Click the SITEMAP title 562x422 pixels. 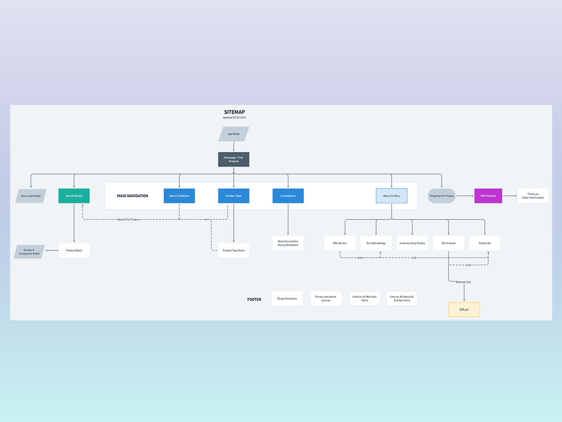coord(234,112)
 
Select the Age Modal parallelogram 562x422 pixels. coord(234,134)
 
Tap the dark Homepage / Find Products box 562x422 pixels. coord(234,159)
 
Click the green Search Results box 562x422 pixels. coord(74,196)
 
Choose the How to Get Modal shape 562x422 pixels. coord(31,196)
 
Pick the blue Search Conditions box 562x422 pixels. coord(179,196)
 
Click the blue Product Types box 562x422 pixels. coord(234,196)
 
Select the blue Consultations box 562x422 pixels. coord(288,196)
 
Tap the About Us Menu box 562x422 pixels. coord(392,196)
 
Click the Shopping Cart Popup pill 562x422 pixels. coord(442,196)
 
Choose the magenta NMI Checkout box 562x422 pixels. coord(488,196)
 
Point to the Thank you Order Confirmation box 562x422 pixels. coord(533,196)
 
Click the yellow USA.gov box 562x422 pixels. coord(464,309)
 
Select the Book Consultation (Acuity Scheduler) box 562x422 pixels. coord(288,243)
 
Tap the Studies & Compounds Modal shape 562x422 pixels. coord(29,251)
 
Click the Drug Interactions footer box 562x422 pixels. coord(287,299)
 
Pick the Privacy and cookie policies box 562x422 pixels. coord(326,299)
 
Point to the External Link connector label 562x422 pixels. coord(463,282)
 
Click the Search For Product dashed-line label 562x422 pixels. coord(128,219)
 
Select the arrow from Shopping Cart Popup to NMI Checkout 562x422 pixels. coord(465,196)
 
